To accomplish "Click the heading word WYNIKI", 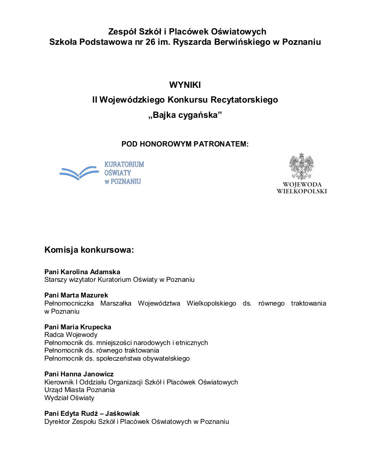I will (185, 85).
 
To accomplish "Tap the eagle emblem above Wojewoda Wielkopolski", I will (301, 167).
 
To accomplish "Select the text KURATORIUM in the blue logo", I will (124, 164).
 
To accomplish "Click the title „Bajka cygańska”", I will (185, 115).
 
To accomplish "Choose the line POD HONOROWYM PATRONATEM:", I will (185, 144).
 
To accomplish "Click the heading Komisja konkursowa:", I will (89, 250).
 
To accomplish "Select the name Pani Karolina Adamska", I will (82, 272).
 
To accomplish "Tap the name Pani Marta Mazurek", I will (76, 295).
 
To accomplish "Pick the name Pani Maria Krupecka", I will (78, 327).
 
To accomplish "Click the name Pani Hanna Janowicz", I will (79, 374).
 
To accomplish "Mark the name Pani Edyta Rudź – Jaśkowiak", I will (92, 414).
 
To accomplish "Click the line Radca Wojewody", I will (71, 335).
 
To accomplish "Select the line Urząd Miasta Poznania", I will (80, 390).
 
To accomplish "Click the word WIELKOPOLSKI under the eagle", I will (302, 191).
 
